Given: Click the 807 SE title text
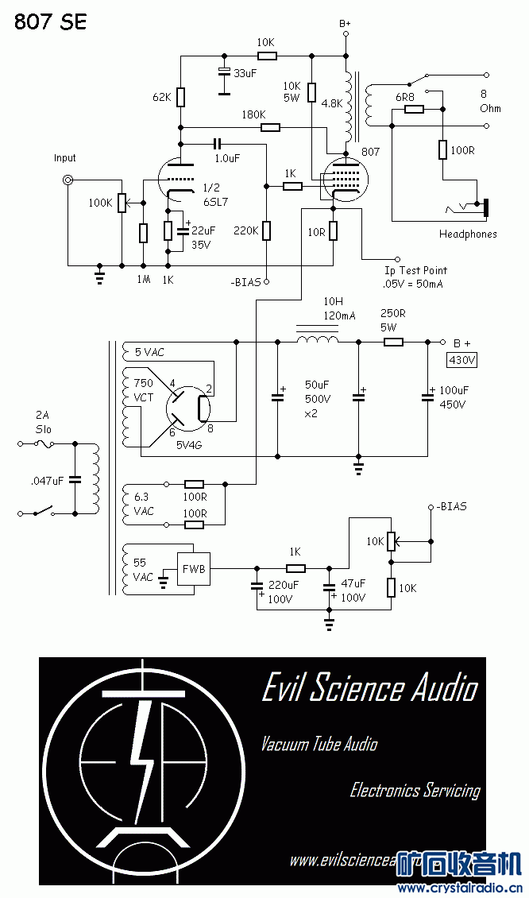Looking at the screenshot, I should tap(51, 21).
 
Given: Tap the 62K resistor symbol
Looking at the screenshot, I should tap(181, 97).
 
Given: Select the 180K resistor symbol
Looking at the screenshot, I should tap(270, 126).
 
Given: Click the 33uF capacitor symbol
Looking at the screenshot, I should tap(224, 72).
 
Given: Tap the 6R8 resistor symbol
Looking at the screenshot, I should tap(414, 109).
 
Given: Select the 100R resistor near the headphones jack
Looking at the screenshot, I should tap(442, 149).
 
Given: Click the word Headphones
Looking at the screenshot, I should tap(468, 234).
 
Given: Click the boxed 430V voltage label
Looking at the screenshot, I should tap(461, 360).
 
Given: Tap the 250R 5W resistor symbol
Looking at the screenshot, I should tap(393, 342).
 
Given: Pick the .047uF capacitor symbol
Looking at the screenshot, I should tap(75, 479).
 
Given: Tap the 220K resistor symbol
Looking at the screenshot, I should tap(267, 230).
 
